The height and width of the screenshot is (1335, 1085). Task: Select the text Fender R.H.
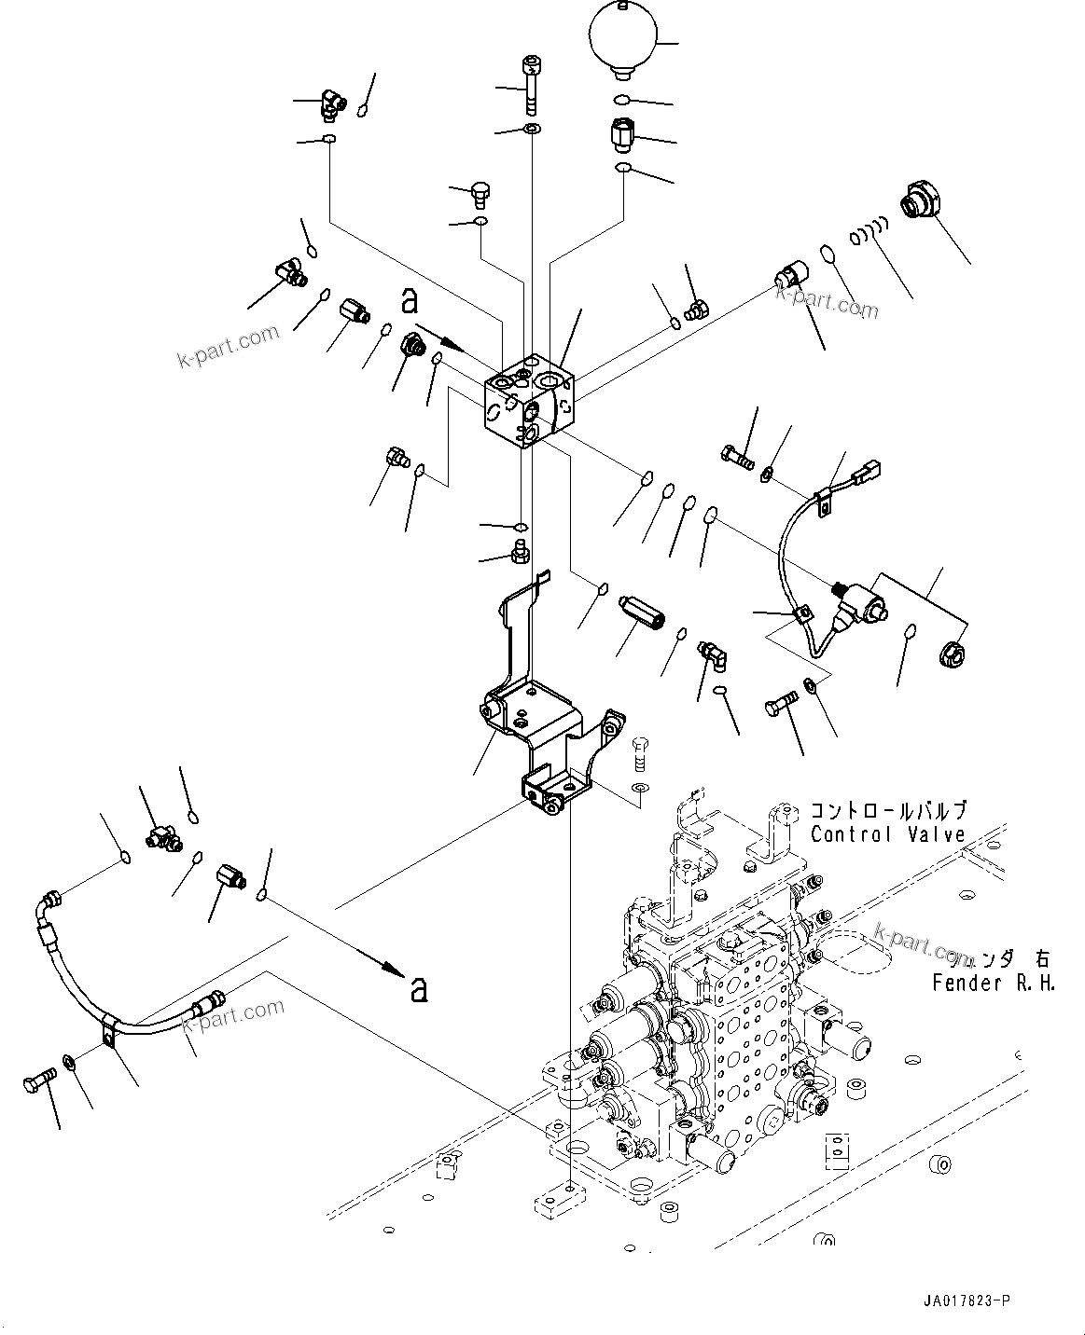(x=994, y=983)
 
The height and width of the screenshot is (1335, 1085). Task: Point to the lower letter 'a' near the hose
(x=419, y=989)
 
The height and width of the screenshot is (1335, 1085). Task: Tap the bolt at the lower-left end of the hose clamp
(x=36, y=1083)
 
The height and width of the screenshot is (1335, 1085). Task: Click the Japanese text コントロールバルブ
(x=887, y=810)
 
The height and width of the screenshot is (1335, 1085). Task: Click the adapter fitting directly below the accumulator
(x=622, y=136)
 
